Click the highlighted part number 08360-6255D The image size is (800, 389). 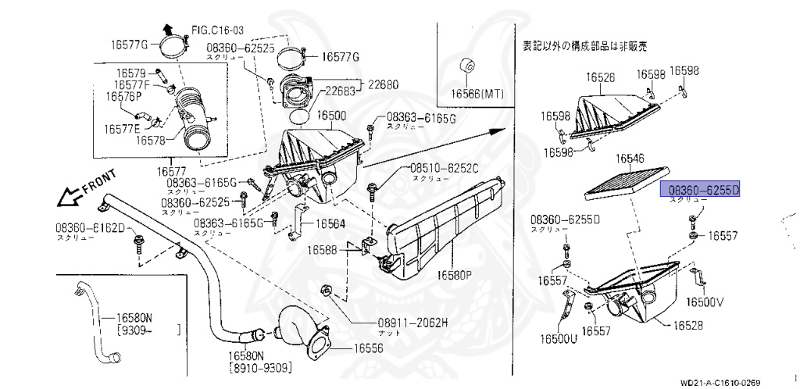click(700, 190)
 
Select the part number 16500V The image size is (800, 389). click(705, 302)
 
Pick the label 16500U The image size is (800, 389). click(558, 338)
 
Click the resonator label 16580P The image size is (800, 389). click(455, 275)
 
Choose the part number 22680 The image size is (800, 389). click(384, 84)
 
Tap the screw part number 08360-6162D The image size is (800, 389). click(90, 227)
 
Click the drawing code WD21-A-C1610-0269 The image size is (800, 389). click(720, 383)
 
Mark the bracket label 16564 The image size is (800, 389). click(330, 223)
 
